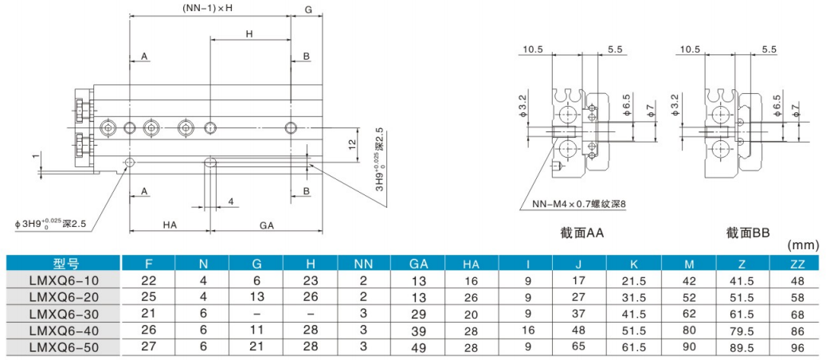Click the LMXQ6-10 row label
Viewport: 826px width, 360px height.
65,280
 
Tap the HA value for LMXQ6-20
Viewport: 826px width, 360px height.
472,297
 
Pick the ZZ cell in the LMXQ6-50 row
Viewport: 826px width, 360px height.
797,348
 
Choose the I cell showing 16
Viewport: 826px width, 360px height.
527,331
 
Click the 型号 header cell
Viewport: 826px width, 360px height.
65,263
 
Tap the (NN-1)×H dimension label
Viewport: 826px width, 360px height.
207,9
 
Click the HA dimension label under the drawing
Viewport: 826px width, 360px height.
169,225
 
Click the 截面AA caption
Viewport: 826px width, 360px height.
581,233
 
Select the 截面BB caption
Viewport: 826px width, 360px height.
747,233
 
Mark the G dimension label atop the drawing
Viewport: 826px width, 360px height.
308,9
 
